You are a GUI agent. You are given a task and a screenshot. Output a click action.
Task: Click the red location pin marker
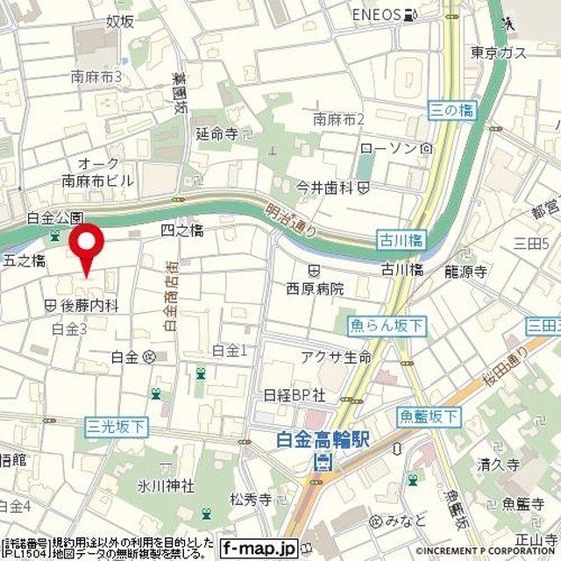87,245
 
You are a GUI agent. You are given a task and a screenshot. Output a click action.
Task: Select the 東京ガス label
498,53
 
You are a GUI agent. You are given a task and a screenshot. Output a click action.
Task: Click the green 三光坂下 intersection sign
117,426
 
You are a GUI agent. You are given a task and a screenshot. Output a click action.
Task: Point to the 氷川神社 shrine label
165,485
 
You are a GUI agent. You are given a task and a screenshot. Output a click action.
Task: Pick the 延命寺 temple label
217,134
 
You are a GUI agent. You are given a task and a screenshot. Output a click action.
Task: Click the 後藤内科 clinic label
89,305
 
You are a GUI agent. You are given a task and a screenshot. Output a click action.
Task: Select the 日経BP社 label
295,394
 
